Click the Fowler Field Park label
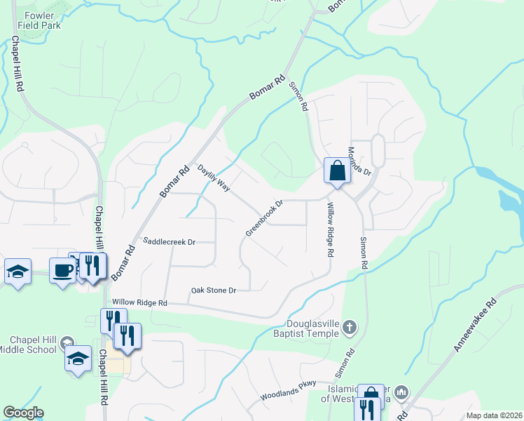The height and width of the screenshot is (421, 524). coord(42,20)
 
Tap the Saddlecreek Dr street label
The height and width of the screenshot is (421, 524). coord(169,241)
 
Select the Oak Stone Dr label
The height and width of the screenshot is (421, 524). coord(214,290)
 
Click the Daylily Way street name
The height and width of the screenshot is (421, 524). coord(214,178)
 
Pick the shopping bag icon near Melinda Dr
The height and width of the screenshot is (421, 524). coord(337,171)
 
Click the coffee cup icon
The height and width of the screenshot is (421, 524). coord(62,269)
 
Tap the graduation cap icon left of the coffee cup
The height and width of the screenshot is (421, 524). coord(18,272)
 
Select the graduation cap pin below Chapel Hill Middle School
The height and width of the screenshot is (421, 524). coord(78,359)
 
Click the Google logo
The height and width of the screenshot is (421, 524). coord(22,413)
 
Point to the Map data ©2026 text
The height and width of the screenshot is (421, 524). coord(494,415)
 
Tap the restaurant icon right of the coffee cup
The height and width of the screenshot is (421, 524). coord(92,265)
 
